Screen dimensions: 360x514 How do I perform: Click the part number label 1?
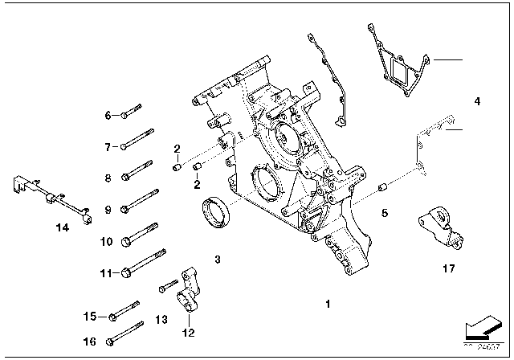tap(328, 305)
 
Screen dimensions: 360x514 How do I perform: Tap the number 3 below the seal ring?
tap(218, 259)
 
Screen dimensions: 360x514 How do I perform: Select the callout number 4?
tap(477, 102)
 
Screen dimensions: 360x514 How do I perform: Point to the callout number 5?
tap(385, 213)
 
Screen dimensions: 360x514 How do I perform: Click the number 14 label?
tap(63, 227)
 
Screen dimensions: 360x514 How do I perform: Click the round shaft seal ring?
tap(216, 213)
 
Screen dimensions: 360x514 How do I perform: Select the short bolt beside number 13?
tap(168, 283)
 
